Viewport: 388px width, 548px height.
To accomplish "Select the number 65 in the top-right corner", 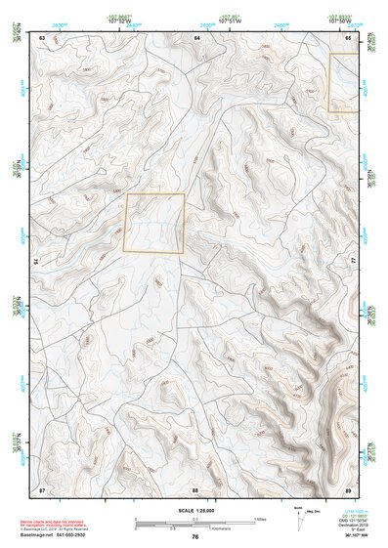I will (349, 37).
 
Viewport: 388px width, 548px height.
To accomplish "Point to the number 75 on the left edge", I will (39, 262).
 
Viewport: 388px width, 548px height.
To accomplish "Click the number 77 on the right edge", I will (353, 262).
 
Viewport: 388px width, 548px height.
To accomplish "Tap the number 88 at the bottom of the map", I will (195, 487).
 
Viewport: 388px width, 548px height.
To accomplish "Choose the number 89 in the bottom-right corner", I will (349, 487).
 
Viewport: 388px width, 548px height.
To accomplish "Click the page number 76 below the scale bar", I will (195, 536).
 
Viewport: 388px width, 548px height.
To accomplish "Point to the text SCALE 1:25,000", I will (195, 510).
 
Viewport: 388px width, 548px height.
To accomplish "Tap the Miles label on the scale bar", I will (260, 518).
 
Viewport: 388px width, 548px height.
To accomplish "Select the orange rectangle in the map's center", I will (154, 224).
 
